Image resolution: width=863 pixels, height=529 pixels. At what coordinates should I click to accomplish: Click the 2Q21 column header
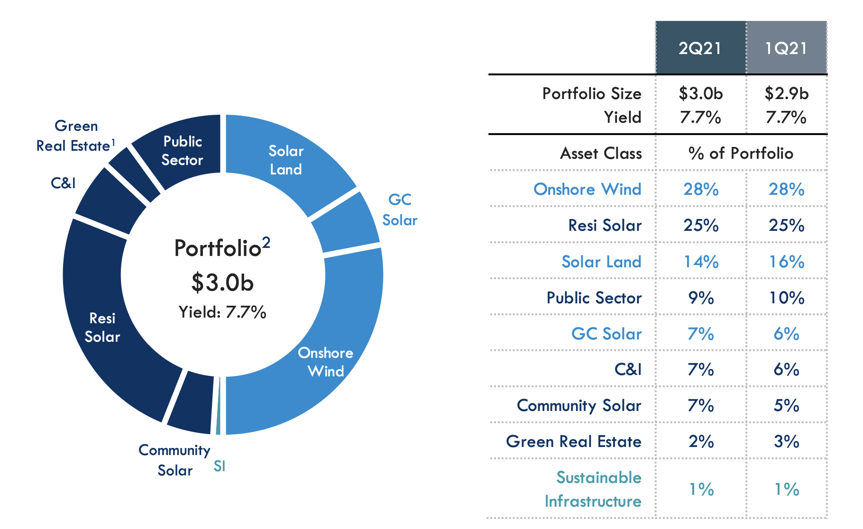(700, 48)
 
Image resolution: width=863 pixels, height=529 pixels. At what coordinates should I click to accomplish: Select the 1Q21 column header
(786, 48)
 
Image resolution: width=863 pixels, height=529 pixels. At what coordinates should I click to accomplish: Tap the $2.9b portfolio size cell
(786, 93)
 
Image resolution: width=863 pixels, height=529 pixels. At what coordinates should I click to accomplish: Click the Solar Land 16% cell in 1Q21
(786, 262)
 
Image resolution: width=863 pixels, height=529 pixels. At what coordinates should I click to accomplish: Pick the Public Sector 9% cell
(701, 298)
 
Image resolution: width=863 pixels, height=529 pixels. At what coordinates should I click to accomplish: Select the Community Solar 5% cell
(786, 405)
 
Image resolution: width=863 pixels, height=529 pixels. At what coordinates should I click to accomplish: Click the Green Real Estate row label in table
(573, 441)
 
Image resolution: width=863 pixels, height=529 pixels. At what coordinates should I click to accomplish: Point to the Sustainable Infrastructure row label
(593, 489)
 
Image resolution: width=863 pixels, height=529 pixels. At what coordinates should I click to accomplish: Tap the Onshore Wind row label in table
(587, 189)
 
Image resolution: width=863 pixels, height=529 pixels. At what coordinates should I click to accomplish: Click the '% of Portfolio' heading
(741, 153)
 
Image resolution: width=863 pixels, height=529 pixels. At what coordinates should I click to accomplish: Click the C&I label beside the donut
(63, 182)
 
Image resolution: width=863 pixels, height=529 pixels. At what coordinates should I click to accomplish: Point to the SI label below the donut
(219, 466)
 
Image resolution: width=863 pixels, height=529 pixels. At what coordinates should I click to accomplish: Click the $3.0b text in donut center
(222, 283)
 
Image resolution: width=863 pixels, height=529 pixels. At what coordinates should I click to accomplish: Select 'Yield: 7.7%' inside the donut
(222, 312)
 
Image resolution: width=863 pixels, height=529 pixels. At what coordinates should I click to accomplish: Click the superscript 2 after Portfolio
(266, 242)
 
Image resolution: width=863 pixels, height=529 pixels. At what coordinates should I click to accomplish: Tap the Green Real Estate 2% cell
(701, 441)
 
